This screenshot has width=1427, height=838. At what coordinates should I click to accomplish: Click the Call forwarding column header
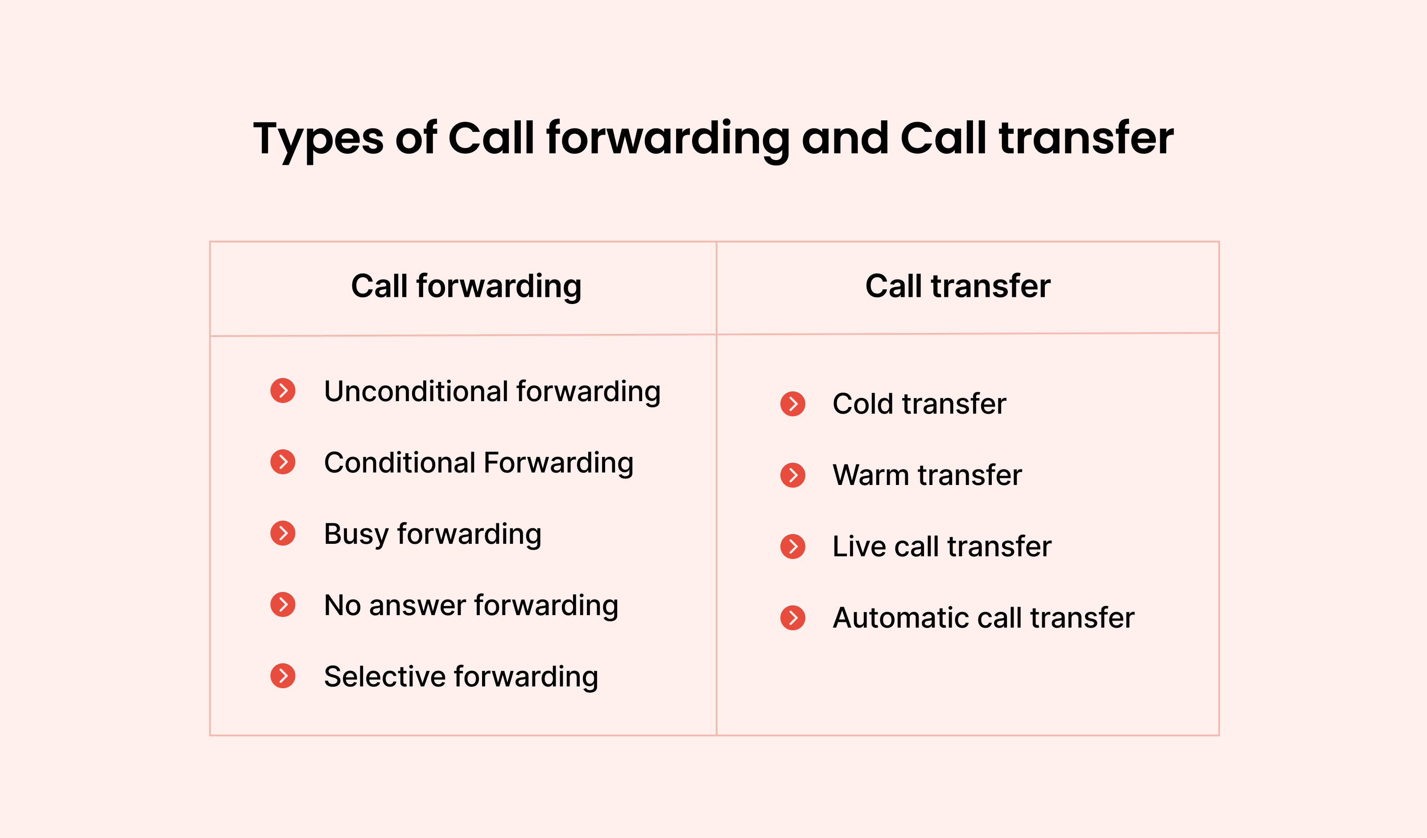[466, 287]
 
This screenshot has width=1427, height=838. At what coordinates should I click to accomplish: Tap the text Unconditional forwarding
[492, 392]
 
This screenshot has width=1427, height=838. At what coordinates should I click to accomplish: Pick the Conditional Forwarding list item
[478, 463]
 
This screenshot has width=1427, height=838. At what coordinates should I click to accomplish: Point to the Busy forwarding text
[433, 534]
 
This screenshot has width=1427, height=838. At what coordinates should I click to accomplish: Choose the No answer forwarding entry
[471, 606]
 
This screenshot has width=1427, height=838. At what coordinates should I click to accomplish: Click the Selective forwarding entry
[461, 677]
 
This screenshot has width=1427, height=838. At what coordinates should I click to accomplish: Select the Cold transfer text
[919, 404]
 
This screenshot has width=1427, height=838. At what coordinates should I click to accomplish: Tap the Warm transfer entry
[927, 476]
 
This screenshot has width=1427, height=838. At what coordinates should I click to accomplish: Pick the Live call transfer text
[942, 547]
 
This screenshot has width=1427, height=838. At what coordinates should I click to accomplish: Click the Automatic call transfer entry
[984, 618]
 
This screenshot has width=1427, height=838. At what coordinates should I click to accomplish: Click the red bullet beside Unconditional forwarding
[283, 390]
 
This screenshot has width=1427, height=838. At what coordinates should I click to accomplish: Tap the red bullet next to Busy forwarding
[283, 534]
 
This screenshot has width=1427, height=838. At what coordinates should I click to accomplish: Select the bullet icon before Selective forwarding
[283, 676]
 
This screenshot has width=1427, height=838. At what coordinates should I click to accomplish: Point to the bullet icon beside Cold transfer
[793, 404]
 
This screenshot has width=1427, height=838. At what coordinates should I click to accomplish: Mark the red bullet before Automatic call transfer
[793, 618]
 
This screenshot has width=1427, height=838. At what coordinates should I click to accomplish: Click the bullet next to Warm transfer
[793, 475]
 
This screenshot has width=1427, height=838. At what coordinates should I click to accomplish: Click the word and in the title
[845, 138]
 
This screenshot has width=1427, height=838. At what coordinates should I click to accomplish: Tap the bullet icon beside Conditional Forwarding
[283, 462]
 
